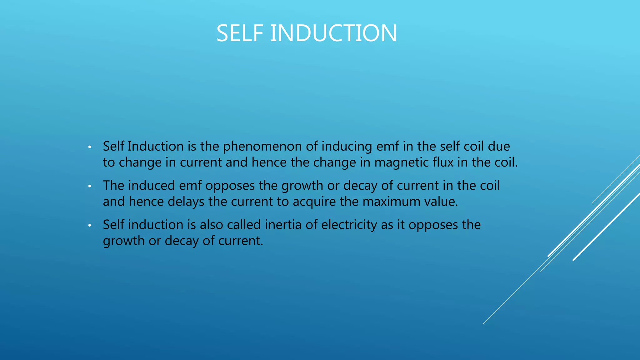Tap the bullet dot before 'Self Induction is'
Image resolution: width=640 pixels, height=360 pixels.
coord(89,147)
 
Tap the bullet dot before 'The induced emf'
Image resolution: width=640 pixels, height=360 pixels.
coord(89,186)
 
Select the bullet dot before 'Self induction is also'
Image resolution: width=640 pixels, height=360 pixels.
coord(89,225)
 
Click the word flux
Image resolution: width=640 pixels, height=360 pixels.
coord(443,162)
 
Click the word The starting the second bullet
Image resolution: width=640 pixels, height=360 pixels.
coord(113,186)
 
